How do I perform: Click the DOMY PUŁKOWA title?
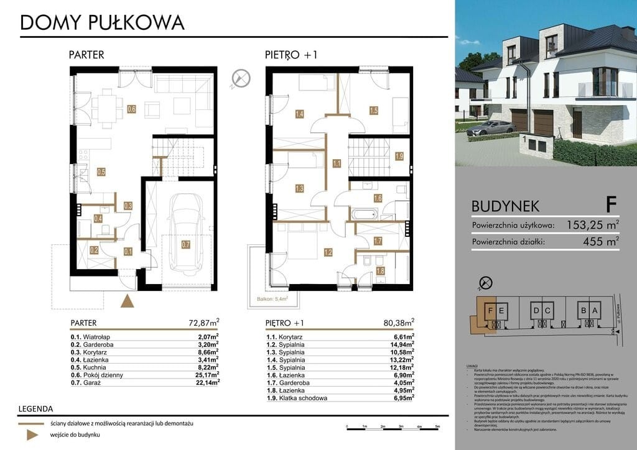coord(103,22)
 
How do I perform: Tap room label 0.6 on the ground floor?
coord(131,109)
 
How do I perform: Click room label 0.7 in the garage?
coord(186,245)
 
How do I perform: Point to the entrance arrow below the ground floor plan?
coord(127,301)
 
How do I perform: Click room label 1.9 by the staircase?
coord(399,156)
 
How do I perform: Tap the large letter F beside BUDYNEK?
coord(611,204)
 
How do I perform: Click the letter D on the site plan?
coord(536,310)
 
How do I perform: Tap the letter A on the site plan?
coord(594,310)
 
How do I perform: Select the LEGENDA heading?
coord(35,408)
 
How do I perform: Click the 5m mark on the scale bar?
coord(438,426)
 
